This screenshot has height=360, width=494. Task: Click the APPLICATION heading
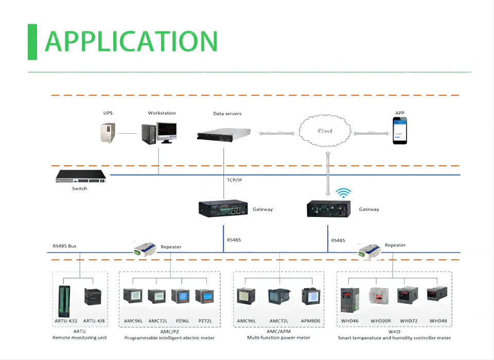click(x=131, y=41)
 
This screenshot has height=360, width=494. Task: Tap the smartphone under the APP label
click(x=400, y=130)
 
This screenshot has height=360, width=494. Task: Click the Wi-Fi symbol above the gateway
click(x=344, y=193)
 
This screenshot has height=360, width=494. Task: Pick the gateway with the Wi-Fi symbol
click(x=329, y=208)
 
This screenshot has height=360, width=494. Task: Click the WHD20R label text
click(x=381, y=321)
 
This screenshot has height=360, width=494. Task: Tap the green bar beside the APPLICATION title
click(x=32, y=41)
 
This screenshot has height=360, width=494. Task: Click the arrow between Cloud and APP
click(x=370, y=133)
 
